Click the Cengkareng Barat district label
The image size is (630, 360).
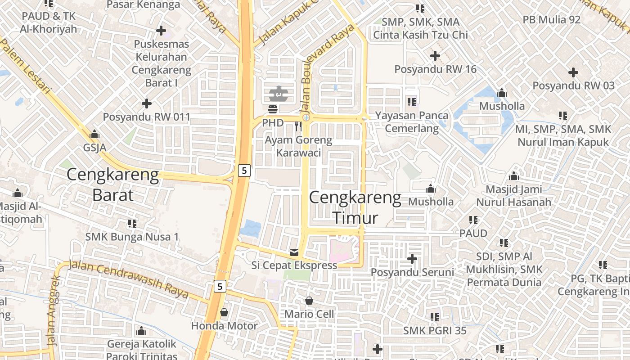pos(112,185)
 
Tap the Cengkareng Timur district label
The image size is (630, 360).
pos(355,208)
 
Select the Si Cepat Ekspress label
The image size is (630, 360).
pos(294,265)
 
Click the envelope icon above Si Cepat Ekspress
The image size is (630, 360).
pos(294,252)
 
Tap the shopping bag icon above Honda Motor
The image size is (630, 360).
pos(224,312)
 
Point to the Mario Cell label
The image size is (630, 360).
pos(309,314)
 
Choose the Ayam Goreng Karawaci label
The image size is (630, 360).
pos(298,146)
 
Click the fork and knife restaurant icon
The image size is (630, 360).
pos(298,126)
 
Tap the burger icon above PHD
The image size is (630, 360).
pos(273,109)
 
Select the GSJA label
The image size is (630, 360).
pos(94,147)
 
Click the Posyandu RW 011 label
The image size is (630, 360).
pos(146,117)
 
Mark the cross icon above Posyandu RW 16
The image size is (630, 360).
pos(435,56)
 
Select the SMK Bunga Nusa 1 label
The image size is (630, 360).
pos(132,237)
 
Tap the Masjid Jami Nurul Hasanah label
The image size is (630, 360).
pos(513,196)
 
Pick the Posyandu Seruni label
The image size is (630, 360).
pos(412,272)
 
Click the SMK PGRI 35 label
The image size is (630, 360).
pos(435,331)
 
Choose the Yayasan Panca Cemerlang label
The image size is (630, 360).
pos(412,122)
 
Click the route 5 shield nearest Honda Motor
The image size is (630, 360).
pos(220,286)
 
